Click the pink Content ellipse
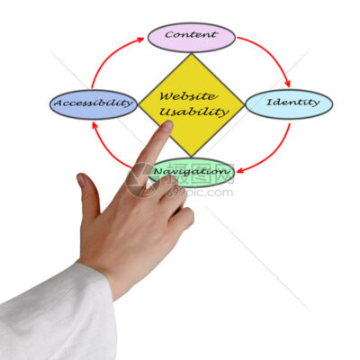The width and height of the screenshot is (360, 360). [x=192, y=37]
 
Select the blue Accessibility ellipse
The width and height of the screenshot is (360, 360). [x=94, y=104]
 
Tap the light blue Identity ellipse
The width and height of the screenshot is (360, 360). [x=289, y=104]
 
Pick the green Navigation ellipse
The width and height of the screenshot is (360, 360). [x=192, y=172]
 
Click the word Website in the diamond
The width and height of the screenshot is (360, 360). [x=187, y=96]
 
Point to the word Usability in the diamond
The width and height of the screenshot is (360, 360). [x=193, y=112]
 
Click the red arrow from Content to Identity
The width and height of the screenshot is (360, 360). [x=271, y=56]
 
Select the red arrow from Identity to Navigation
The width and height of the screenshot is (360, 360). [x=271, y=156]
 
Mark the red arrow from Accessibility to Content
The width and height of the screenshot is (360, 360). [x=111, y=57]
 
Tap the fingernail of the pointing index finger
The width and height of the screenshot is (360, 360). [x=167, y=126]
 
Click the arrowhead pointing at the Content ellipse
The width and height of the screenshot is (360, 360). [x=140, y=40]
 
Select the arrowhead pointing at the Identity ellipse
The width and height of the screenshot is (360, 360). [x=287, y=84]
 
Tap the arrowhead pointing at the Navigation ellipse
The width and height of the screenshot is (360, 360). [x=240, y=171]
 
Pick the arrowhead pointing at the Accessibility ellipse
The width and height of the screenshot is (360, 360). [x=94, y=124]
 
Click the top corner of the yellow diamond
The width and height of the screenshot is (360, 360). [x=192, y=54]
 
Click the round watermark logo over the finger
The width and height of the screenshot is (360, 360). [x=143, y=180]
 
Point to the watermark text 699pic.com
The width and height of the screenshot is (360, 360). [x=199, y=192]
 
